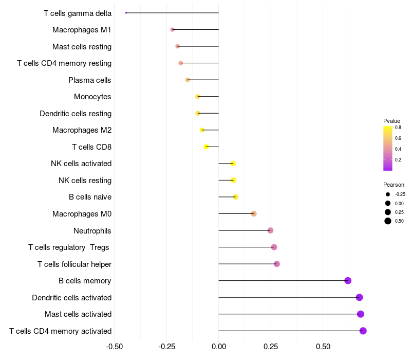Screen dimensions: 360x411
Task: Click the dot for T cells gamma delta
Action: point(126,13)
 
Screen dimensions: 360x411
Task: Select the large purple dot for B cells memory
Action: point(348,281)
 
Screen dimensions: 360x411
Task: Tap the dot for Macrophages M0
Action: point(254,213)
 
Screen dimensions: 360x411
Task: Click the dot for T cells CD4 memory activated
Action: point(363,331)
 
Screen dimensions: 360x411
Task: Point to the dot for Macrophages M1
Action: point(172,30)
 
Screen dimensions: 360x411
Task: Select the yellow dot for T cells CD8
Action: point(207,147)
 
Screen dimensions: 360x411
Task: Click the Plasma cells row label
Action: point(90,80)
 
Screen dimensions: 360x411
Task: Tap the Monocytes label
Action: point(92,97)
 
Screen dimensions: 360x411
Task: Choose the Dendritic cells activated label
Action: point(72,298)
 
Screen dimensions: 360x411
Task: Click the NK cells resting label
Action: point(85,181)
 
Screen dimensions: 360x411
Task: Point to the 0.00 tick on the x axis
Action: point(219,347)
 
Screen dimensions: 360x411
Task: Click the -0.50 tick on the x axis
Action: point(114,347)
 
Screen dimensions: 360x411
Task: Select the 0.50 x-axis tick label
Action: point(323,347)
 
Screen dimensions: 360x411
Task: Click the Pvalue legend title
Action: point(391,121)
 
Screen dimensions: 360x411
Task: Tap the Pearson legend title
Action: point(394,185)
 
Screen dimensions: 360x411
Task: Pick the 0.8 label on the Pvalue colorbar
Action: point(398,127)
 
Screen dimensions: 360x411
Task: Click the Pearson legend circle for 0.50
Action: point(388,221)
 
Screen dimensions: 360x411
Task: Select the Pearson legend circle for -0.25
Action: point(388,194)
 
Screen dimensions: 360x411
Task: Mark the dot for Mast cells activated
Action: point(361,314)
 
